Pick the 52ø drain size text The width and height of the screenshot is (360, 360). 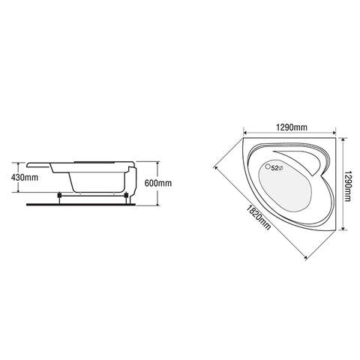point(277,168)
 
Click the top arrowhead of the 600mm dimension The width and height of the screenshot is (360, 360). point(157,163)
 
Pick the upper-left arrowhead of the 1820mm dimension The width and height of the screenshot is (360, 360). point(214,162)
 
